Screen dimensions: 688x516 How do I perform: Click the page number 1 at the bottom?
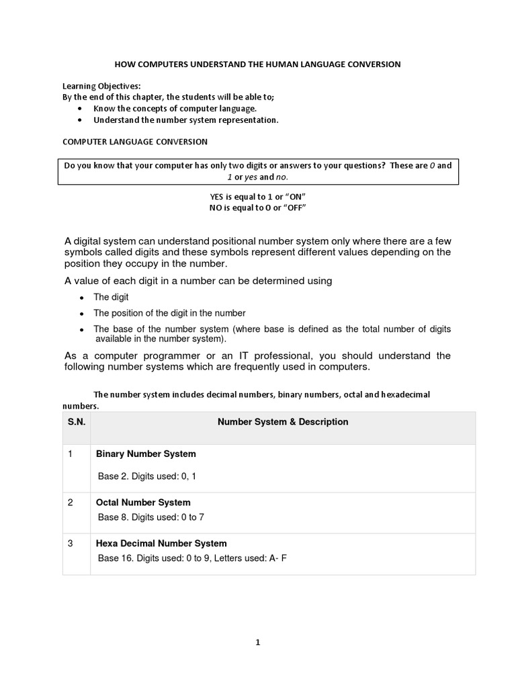click(x=257, y=642)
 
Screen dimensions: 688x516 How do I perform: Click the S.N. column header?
click(x=76, y=422)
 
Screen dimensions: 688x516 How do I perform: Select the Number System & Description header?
click(x=283, y=422)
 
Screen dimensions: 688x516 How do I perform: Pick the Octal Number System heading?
click(x=143, y=503)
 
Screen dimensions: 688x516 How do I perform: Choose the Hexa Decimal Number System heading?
click(x=161, y=544)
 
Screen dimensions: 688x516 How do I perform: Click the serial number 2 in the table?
click(x=71, y=503)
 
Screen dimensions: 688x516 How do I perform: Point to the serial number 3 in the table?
click(x=71, y=544)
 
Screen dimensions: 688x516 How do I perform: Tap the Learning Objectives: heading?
click(x=101, y=87)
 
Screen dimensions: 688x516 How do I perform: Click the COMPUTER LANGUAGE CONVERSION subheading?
click(x=135, y=142)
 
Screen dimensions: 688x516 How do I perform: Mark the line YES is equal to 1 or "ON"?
click(x=258, y=196)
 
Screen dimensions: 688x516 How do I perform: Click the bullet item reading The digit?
click(x=111, y=297)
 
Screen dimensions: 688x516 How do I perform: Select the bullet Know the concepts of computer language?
click(x=175, y=108)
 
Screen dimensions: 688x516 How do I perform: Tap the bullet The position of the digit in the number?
click(x=169, y=313)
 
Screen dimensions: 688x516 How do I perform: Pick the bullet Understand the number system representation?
click(x=185, y=120)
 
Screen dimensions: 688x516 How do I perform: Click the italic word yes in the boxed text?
click(x=247, y=177)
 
